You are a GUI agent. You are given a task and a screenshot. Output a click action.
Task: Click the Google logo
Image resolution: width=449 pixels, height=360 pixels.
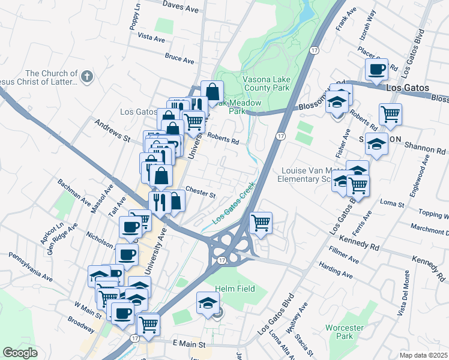pyautogui.click(x=20, y=352)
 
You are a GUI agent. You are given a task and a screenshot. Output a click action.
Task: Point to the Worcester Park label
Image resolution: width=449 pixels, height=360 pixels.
pyautogui.click(x=345, y=332)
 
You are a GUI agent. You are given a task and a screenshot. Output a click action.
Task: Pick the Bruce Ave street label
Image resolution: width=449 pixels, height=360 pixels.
pyautogui.click(x=179, y=60)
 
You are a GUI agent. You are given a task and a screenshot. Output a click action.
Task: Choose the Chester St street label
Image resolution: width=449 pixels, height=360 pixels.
pyautogui.click(x=200, y=194)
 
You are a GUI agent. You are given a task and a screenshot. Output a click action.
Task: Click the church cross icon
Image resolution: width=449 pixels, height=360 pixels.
pyautogui.click(x=87, y=76)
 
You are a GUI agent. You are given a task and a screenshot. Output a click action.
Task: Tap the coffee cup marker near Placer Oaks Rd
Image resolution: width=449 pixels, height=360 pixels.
pyautogui.click(x=376, y=70)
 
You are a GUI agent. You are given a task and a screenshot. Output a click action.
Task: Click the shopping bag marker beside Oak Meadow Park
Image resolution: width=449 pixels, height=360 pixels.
pyautogui.click(x=212, y=92)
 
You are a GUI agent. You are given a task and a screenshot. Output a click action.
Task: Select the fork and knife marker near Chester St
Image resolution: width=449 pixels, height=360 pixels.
pyautogui.click(x=160, y=202)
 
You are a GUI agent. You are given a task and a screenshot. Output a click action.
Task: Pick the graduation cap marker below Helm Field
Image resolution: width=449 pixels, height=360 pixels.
pyautogui.click(x=208, y=303)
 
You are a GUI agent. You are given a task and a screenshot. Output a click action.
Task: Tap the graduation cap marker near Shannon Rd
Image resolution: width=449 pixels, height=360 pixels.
pyautogui.click(x=376, y=145)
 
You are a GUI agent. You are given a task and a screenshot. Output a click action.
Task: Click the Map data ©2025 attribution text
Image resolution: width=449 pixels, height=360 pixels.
pyautogui.click(x=423, y=355)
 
